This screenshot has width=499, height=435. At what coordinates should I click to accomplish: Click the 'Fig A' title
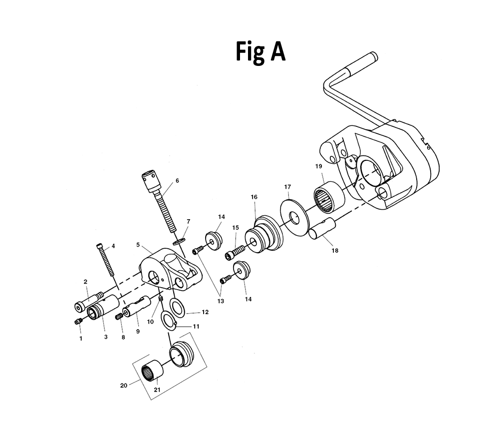pyautogui.click(x=260, y=52)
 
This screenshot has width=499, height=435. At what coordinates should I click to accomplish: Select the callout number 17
pyautogui.click(x=287, y=187)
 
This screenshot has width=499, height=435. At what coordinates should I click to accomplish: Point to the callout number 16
pyautogui.click(x=254, y=197)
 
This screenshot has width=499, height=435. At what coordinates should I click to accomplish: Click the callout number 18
pyautogui.click(x=334, y=250)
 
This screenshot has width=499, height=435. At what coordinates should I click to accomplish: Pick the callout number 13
pyautogui.click(x=221, y=301)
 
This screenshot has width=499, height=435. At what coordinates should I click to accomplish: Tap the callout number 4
pyautogui.click(x=113, y=246)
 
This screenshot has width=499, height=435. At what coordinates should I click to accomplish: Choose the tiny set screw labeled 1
pyautogui.click(x=78, y=322)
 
